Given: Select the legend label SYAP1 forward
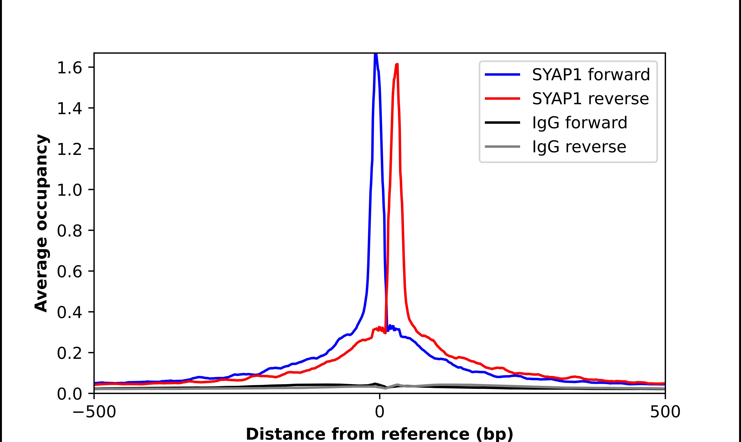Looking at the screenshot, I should pyautogui.click(x=591, y=75).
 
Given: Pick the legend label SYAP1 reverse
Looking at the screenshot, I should pyautogui.click(x=590, y=99).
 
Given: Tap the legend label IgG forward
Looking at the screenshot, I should pyautogui.click(x=579, y=123).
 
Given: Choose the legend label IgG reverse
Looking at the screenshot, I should pyautogui.click(x=579, y=147).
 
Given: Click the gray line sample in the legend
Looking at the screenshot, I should pyautogui.click(x=502, y=146).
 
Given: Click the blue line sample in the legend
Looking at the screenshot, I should pyautogui.click(x=502, y=75).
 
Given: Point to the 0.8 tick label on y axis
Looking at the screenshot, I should pyautogui.click(x=69, y=231).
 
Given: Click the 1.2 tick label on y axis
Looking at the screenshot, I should pyautogui.click(x=69, y=149).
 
